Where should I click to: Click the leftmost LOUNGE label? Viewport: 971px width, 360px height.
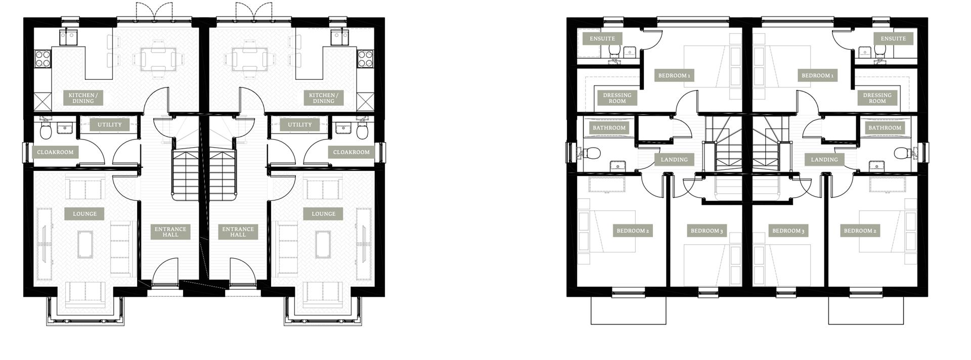point(84,214)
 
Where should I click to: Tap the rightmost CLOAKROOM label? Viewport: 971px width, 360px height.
point(351,152)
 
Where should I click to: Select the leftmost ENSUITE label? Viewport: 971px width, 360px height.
point(602,38)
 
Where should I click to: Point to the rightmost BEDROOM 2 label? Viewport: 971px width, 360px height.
point(860,231)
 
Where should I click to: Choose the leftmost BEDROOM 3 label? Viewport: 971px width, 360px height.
point(707,231)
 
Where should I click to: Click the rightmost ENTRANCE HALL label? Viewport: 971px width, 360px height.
point(238,232)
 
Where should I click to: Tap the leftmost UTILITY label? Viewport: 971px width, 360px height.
point(109,125)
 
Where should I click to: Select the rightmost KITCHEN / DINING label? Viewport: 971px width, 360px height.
point(323,98)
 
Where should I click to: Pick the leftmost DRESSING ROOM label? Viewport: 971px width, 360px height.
point(617,98)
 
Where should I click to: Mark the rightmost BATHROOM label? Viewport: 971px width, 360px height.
point(885,128)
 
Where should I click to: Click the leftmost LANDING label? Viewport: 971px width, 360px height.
point(674,160)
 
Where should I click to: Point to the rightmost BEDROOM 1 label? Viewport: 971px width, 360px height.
point(817,76)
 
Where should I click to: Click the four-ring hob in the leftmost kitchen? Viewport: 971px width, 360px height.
point(42,58)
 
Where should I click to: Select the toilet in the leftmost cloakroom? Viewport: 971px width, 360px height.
point(46,131)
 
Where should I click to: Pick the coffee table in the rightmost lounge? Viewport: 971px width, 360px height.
point(323,244)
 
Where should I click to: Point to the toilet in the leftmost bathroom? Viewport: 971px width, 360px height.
point(593,153)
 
